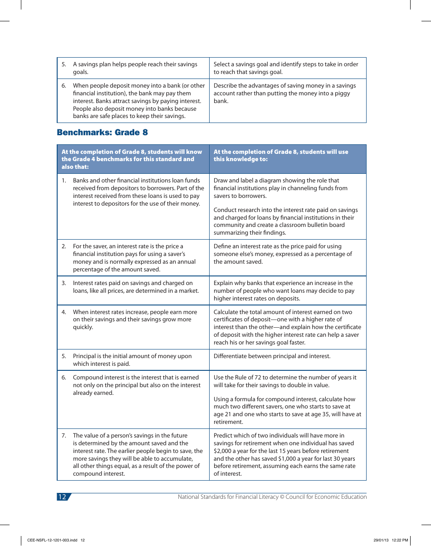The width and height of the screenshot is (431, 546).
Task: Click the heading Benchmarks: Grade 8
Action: [102, 133]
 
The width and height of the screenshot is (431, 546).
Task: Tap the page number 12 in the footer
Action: [62, 497]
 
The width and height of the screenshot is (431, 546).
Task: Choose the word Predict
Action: [223, 436]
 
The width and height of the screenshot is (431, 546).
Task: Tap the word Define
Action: [223, 246]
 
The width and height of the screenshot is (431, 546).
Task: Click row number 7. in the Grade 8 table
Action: [64, 436]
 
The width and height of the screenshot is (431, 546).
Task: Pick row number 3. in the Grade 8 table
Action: [64, 283]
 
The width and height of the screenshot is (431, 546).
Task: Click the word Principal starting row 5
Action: [85, 356]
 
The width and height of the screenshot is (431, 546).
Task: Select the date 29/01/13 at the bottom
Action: [381, 540]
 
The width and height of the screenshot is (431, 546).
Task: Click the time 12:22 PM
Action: [400, 540]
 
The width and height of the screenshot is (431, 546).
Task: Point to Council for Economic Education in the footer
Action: [326, 497]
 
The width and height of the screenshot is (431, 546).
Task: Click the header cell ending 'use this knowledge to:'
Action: [287, 156]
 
